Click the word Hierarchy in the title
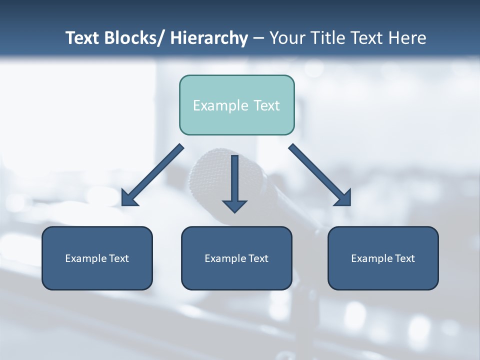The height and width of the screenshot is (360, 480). pos(208,38)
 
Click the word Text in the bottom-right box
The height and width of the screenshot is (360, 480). pos(405,258)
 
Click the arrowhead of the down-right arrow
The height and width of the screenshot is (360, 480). pos(343,198)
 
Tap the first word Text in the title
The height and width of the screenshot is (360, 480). pos(83,38)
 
